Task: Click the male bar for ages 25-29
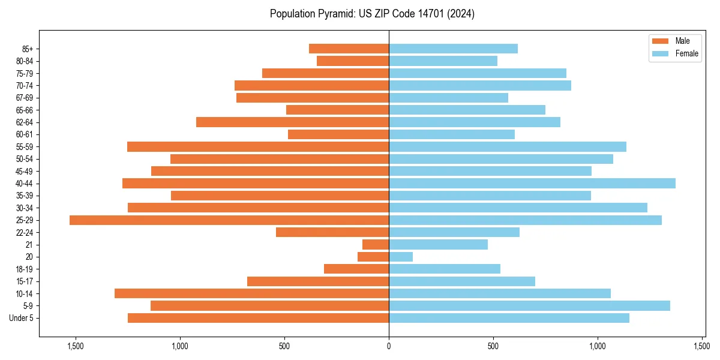229,220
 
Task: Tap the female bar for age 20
401,257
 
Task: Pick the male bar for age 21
376,245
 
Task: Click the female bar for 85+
453,49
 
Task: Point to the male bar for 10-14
251,293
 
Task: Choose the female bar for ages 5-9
529,306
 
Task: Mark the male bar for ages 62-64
292,122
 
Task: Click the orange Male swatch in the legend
660,41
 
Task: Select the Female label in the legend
687,54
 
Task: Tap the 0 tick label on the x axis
389,346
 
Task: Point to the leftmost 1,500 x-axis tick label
76,346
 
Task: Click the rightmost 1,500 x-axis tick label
702,346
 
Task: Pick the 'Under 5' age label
22,318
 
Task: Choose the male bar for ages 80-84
353,61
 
